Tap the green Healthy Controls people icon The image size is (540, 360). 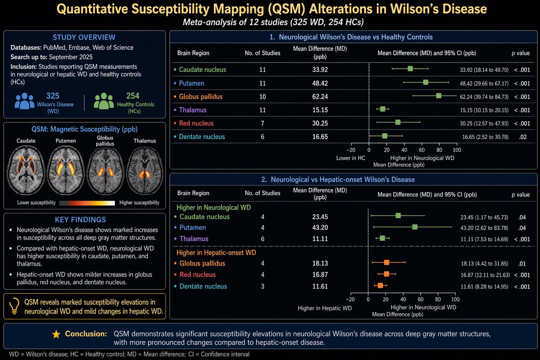coord(104,101)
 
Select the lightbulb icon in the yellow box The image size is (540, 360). coord(14,306)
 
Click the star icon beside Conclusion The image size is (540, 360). coord(56,334)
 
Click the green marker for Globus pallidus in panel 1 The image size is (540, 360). coord(439,96)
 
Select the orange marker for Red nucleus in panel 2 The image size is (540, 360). coord(386,274)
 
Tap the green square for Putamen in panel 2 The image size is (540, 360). coord(414,227)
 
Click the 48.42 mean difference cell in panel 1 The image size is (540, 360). coord(320,83)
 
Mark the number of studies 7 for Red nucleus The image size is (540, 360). coord(262,123)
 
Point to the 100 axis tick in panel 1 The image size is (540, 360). coord(457,150)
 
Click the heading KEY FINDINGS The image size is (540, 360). coord(80,220)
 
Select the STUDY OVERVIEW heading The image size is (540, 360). coord(84,37)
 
